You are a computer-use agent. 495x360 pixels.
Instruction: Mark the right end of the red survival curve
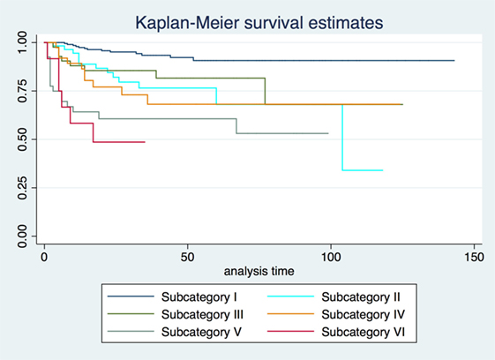145,142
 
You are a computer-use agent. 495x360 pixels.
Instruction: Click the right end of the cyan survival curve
382,170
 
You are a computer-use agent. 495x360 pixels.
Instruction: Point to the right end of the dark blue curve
454,61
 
